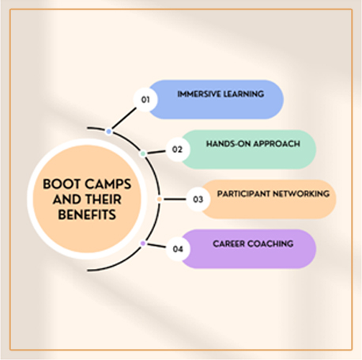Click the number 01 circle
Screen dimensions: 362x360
pyautogui.click(x=145, y=100)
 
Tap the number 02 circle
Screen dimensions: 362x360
pyautogui.click(x=178, y=150)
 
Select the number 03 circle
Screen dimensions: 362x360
pyautogui.click(x=198, y=199)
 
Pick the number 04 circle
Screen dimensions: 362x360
pyautogui.click(x=178, y=249)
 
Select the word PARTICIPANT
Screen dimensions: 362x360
pyautogui.click(x=243, y=194)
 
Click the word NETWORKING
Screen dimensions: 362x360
pyautogui.click(x=301, y=194)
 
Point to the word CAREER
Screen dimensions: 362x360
pyautogui.click(x=229, y=244)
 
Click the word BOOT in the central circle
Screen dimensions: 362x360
pyautogui.click(x=62, y=184)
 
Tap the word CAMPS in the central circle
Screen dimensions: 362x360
pyautogui.click(x=108, y=184)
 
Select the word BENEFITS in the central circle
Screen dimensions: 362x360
pyautogui.click(x=87, y=214)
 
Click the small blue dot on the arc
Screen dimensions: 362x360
pyautogui.click(x=108, y=131)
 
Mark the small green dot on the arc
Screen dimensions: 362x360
pyautogui.click(x=143, y=153)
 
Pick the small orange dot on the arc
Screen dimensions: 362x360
pyautogui.click(x=160, y=199)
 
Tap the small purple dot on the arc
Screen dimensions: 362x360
pyautogui.click(x=143, y=243)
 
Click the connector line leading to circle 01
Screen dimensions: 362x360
pyautogui.click(x=124, y=118)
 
